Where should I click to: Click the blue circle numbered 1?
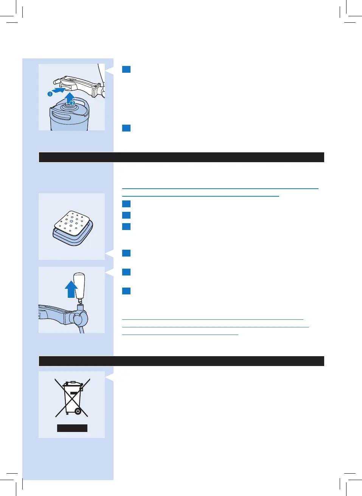point(50,94)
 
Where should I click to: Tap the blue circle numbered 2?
point(72,103)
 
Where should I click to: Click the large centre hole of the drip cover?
point(71,225)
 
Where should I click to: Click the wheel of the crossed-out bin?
point(78,411)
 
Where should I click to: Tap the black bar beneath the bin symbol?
point(72,428)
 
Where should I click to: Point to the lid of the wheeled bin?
point(72,384)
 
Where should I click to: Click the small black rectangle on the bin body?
point(74,393)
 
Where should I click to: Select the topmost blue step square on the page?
point(126,69)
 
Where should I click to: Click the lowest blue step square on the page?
point(126,291)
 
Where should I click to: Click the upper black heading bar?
point(181,157)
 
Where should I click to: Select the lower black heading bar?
point(181,361)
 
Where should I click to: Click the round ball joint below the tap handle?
point(81,319)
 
